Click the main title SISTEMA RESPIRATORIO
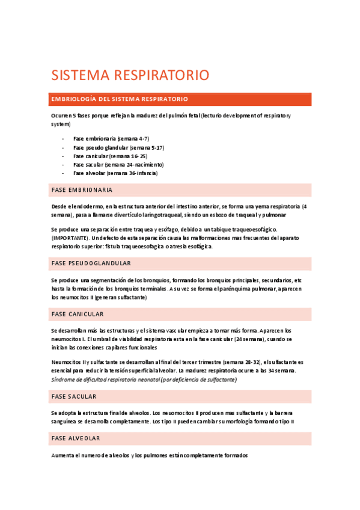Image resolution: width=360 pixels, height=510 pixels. (x=130, y=75)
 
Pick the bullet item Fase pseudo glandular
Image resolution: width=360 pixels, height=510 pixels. (x=119, y=147)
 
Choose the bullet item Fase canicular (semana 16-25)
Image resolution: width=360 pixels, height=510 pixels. (x=110, y=156)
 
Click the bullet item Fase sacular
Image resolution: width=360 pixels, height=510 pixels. (x=118, y=164)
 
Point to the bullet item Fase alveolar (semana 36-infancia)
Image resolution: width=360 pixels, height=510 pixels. (x=115, y=173)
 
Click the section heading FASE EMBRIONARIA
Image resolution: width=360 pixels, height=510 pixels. (x=82, y=190)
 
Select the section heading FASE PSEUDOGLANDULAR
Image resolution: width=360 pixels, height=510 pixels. (x=91, y=263)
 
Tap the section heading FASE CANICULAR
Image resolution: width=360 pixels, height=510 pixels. (x=78, y=314)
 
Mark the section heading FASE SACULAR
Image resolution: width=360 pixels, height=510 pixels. (x=74, y=396)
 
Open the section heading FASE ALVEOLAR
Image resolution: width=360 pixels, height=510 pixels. (x=76, y=438)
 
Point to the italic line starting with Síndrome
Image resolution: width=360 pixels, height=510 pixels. (x=144, y=379)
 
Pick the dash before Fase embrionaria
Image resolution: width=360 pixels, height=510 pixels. (x=63, y=138)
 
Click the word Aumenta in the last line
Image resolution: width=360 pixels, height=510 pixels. (x=63, y=455)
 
